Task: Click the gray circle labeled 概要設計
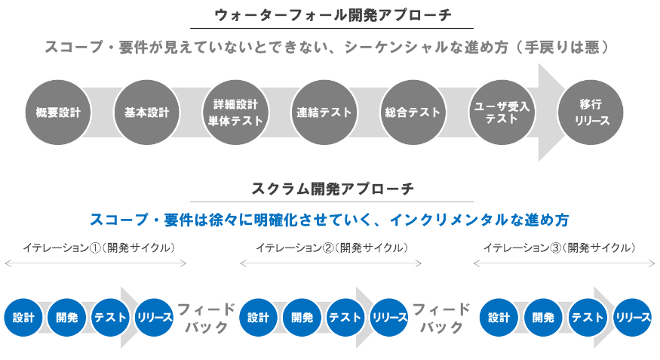tap(58, 112)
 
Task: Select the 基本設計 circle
tap(146, 112)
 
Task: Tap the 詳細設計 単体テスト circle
tap(235, 112)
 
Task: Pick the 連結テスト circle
tap(324, 112)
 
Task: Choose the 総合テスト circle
tap(412, 112)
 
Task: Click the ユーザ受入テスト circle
tap(502, 112)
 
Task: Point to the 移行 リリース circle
tap(591, 112)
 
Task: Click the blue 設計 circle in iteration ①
tap(23, 318)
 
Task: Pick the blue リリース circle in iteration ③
tap(633, 318)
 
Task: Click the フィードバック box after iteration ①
tap(206, 318)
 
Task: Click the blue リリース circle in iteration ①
tap(155, 318)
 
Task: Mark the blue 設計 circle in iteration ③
tap(499, 318)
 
